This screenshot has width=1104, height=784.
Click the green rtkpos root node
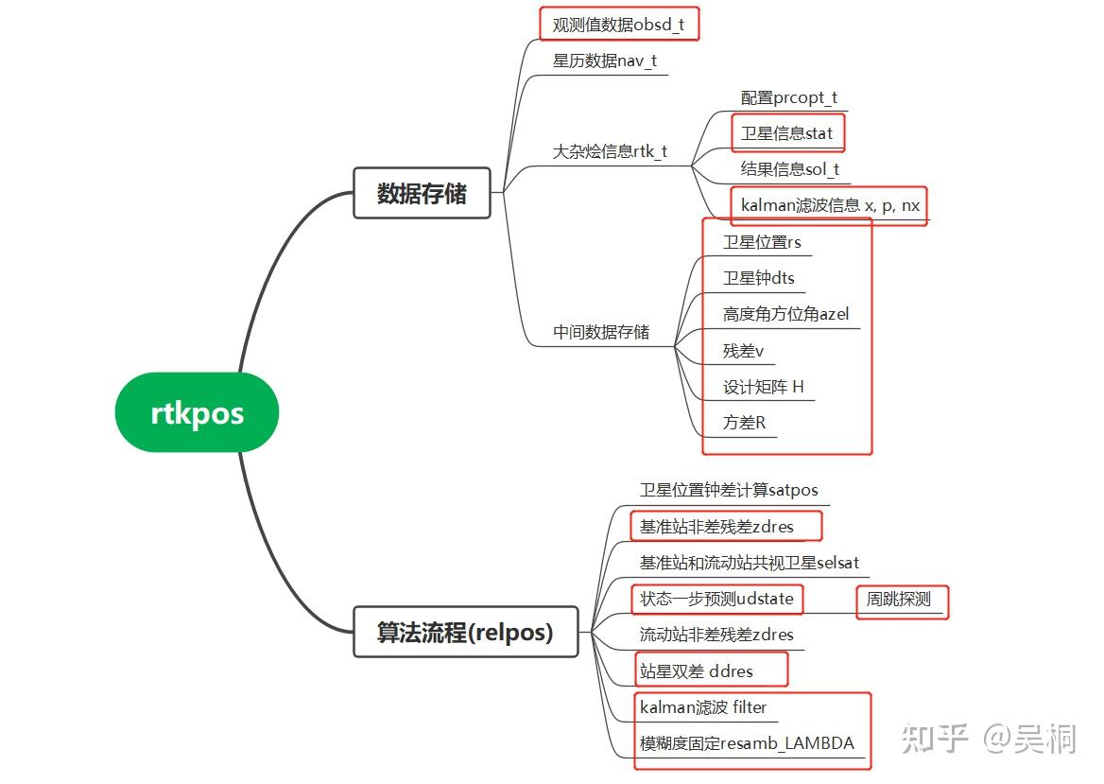pos(197,413)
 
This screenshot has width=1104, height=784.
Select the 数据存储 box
pos(422,193)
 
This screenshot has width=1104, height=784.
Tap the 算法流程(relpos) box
pos(464,632)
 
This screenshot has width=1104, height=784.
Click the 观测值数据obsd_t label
pos(618,25)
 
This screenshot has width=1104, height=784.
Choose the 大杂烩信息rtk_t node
pos(610,151)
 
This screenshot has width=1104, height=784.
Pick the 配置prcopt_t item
pos(789,97)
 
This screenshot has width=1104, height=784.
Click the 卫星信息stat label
pos(786,133)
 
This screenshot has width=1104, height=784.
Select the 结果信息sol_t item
pos(790,170)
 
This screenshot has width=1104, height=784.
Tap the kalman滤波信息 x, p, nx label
pos(830,205)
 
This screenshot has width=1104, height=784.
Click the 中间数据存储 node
pos(601,332)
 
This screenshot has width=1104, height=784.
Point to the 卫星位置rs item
pos(762,242)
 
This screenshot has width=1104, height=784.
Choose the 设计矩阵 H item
pos(764,387)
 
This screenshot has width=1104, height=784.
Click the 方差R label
pos(745,423)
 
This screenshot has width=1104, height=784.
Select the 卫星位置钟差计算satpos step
pos(729,490)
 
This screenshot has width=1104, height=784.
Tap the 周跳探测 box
pos(899,599)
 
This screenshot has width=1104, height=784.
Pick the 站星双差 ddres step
pos(697,671)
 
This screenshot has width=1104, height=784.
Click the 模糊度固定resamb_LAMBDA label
pos(747,743)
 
